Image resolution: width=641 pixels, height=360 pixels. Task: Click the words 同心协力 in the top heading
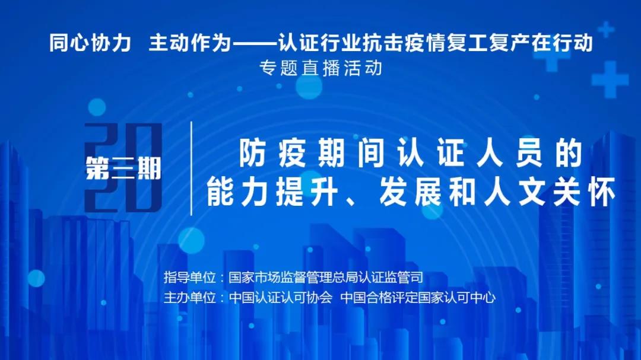point(90,43)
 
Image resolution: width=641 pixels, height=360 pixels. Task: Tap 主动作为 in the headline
point(190,43)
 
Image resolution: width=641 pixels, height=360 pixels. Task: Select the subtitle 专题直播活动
point(321,68)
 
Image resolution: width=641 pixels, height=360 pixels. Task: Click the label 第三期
point(123,169)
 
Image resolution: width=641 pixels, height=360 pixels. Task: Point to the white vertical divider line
point(191,168)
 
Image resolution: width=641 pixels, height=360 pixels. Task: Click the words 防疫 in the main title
point(272,153)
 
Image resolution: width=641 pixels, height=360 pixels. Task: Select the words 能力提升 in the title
point(272,192)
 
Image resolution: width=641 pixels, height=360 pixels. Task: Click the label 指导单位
point(190,277)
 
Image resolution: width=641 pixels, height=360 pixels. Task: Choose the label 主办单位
point(190,298)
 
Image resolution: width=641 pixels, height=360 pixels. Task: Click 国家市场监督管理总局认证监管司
point(326,277)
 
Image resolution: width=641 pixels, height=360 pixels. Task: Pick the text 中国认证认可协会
point(280,298)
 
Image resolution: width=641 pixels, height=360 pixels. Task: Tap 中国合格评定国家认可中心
point(418,298)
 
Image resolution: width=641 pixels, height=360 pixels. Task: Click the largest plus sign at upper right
point(610,79)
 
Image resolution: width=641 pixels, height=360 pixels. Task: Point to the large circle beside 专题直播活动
point(309,86)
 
